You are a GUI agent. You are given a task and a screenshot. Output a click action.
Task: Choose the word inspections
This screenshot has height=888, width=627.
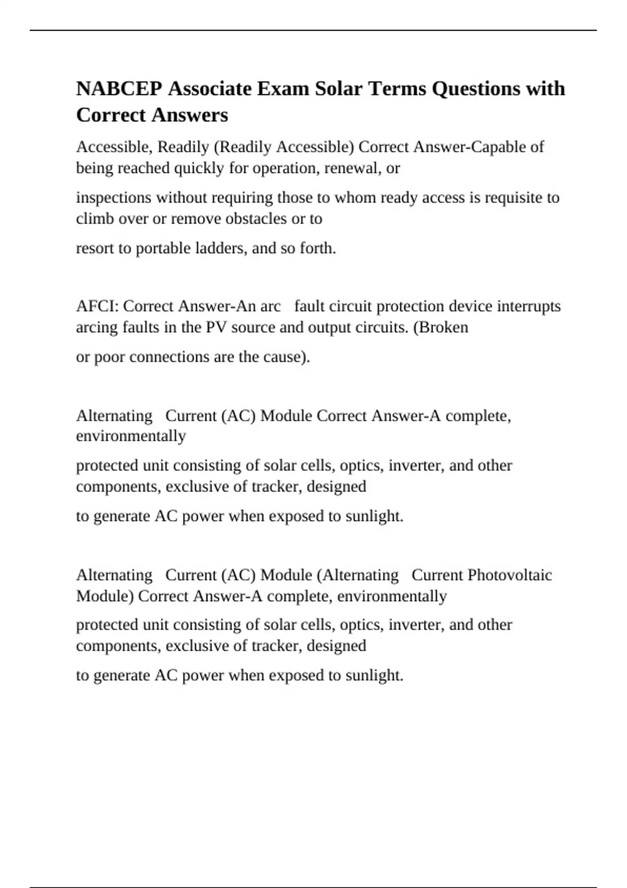[x=114, y=198]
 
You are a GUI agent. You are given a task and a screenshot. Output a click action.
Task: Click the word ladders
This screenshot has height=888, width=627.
[x=220, y=249]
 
